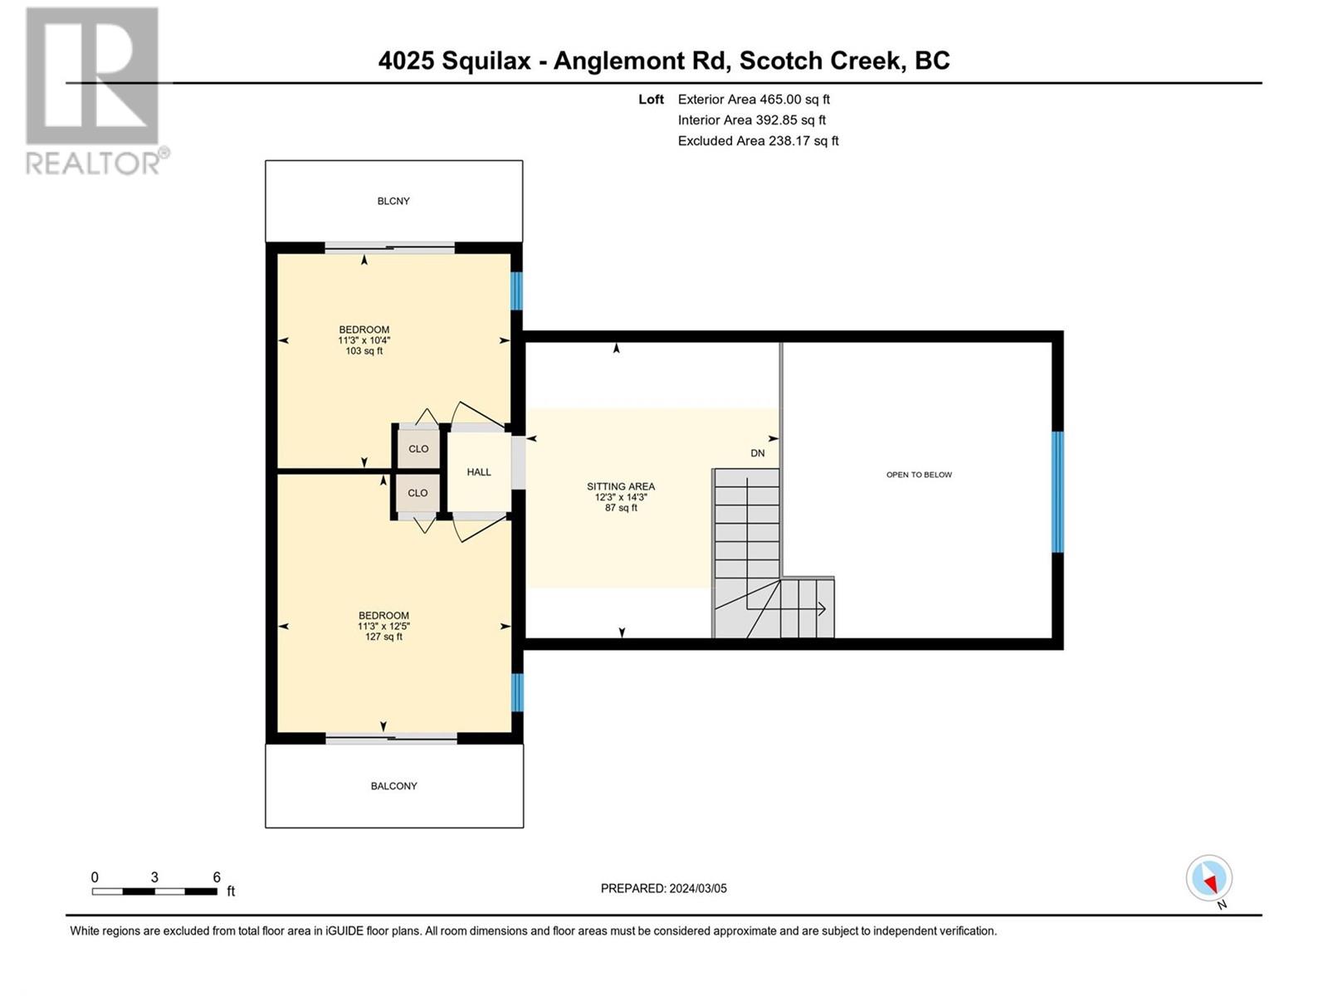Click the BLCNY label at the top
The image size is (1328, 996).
(393, 201)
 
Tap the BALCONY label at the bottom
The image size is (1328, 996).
(394, 786)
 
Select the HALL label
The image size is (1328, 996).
(479, 472)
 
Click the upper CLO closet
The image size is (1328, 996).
(418, 449)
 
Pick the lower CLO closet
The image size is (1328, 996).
(417, 493)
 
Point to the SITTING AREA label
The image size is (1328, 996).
(621, 486)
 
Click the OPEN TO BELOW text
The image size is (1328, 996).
(919, 475)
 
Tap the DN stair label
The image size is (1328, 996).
(758, 453)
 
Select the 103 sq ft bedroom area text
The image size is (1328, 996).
(364, 351)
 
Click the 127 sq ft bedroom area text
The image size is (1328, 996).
(383, 637)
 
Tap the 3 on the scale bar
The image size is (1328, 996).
(154, 877)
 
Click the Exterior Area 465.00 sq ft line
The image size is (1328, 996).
(754, 99)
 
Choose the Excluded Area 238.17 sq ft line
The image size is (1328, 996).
(758, 141)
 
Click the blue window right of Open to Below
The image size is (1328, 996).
(1057, 491)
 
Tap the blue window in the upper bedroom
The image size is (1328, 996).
(517, 290)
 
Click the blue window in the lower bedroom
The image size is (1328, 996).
(517, 692)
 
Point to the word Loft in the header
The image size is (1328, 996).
(651, 99)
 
